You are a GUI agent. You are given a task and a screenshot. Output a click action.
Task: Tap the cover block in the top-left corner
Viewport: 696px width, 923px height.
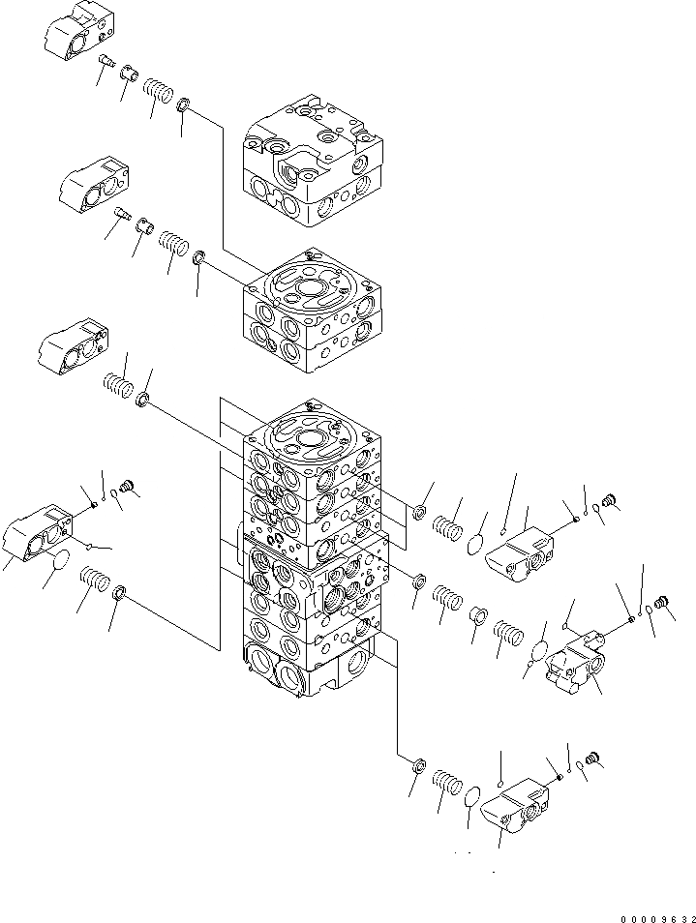coord(74,35)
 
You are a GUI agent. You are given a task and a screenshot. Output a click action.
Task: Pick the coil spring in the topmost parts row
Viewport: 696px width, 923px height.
coord(158,92)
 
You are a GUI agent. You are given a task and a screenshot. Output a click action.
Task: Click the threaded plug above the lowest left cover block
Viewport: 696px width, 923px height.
coord(125,487)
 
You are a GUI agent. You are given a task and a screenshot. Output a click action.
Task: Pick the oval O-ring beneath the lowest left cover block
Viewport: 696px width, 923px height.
coord(59,560)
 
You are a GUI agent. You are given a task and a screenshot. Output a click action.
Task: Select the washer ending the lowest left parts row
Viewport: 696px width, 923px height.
coord(120,592)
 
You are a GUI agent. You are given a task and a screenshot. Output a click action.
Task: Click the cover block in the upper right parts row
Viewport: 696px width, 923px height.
coord(523,555)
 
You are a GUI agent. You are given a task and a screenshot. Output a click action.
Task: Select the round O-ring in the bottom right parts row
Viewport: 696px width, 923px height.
coord(472,795)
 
